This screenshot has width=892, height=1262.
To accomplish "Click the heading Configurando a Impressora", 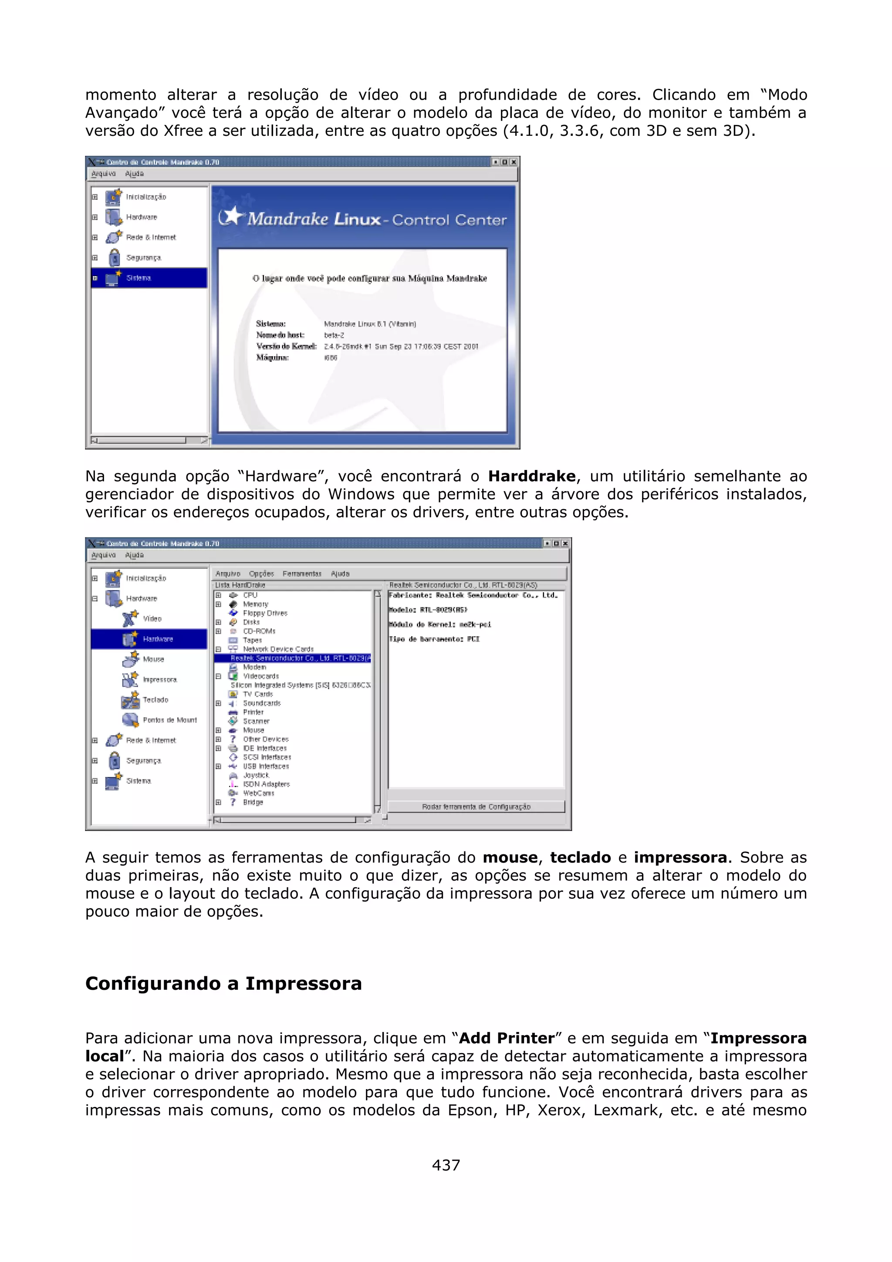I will click(x=223, y=983).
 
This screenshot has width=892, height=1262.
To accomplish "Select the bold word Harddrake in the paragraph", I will click(x=531, y=476).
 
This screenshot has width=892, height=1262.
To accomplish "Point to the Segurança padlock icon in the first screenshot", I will click(x=114, y=257).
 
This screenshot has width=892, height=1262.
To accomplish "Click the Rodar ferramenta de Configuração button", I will click(x=476, y=806).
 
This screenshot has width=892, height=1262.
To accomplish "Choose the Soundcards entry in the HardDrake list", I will click(x=262, y=703).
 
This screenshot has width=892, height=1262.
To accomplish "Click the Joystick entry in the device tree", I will click(x=256, y=775).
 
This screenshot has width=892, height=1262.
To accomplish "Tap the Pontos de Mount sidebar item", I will click(x=169, y=720).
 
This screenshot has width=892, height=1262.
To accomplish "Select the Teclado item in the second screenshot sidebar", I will click(x=155, y=700).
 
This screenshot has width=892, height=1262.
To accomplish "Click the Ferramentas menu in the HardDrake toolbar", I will click(x=302, y=573).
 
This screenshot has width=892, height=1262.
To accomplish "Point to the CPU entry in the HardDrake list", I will click(x=250, y=595).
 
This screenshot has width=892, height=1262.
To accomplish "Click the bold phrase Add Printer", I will click(x=506, y=1038).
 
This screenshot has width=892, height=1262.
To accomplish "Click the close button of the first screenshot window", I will click(x=514, y=162).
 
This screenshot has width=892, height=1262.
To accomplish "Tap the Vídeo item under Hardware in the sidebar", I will click(x=152, y=618).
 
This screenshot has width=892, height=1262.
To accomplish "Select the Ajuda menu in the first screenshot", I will click(x=134, y=174).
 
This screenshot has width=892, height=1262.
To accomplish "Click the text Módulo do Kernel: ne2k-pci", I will click(x=439, y=624).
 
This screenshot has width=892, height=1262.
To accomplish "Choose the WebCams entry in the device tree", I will click(x=258, y=793).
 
